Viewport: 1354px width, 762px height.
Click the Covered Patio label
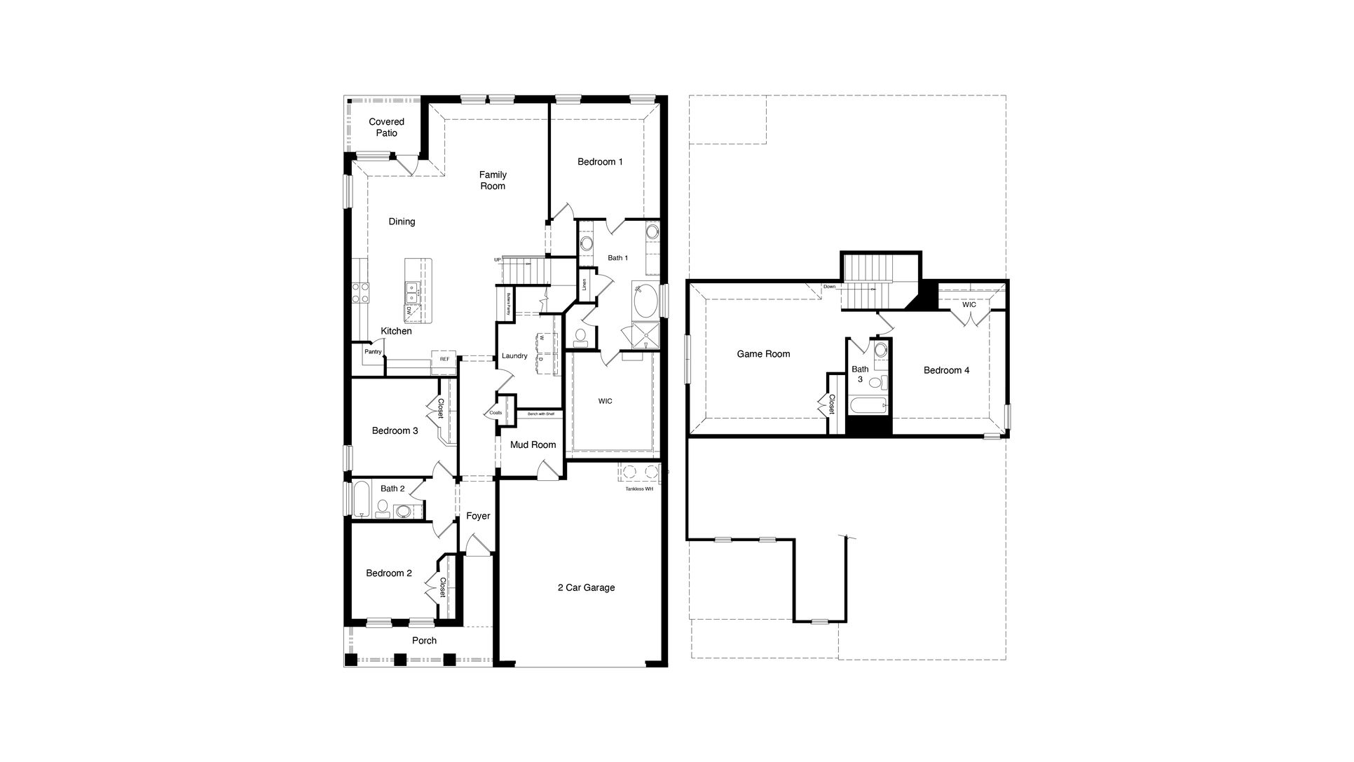[386, 127]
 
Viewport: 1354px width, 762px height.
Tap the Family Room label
[493, 180]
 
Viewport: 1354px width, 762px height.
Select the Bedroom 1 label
[600, 162]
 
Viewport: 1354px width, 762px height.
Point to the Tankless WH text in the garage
[638, 489]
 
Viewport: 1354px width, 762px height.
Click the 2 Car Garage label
[586, 587]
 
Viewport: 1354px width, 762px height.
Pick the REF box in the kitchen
[444, 358]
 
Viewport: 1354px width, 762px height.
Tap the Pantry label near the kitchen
[373, 351]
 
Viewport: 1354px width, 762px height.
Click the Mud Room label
[533, 444]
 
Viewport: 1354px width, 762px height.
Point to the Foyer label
[478, 516]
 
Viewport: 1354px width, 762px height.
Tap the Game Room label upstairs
[763, 354]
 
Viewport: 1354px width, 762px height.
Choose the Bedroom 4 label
[946, 370]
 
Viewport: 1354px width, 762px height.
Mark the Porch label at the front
[424, 640]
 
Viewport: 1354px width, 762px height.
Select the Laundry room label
[514, 355]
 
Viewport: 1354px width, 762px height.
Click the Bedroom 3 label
[395, 430]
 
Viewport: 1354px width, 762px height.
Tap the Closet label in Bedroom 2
[442, 587]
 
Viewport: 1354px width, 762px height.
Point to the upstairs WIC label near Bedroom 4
[969, 305]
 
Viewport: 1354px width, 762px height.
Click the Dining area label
[402, 222]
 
